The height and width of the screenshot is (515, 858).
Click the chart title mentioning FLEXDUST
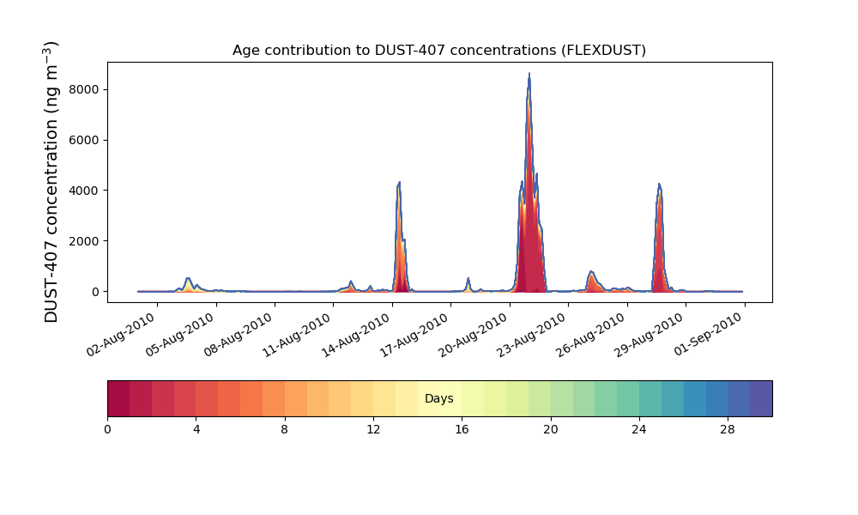(x=438, y=51)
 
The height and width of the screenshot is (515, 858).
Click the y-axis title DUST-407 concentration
(x=51, y=182)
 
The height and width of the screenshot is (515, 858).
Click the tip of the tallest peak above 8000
(x=529, y=75)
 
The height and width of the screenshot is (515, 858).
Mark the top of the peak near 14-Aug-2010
(x=399, y=183)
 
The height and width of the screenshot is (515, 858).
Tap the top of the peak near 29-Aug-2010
(x=659, y=185)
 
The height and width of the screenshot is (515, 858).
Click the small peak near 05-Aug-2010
(x=188, y=279)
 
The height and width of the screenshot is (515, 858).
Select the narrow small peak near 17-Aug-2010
(x=468, y=279)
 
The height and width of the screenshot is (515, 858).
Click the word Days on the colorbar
(x=438, y=399)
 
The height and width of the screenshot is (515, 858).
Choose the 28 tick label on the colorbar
(x=728, y=429)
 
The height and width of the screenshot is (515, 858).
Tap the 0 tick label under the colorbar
(x=107, y=429)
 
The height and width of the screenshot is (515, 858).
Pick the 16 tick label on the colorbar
(x=462, y=429)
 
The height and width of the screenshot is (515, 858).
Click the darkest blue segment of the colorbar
(x=761, y=398)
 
